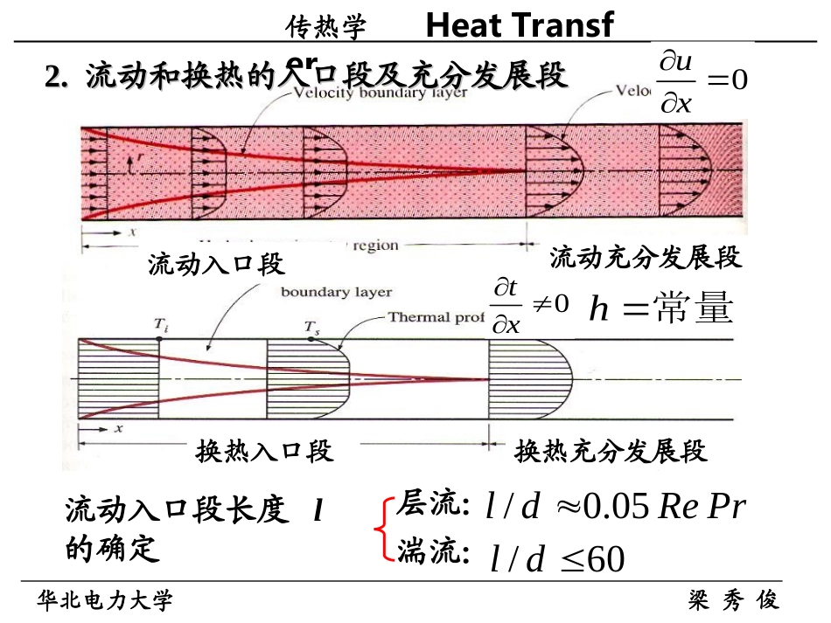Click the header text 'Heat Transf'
click(520, 26)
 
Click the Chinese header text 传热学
click(325, 29)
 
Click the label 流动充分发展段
click(646, 257)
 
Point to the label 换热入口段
click(264, 451)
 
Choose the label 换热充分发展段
click(610, 451)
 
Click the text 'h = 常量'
click(660, 308)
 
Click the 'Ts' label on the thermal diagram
click(311, 329)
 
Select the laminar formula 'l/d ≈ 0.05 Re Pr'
click(616, 507)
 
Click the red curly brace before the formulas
click(381, 529)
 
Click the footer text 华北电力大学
click(105, 600)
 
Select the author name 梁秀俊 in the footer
click(733, 600)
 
